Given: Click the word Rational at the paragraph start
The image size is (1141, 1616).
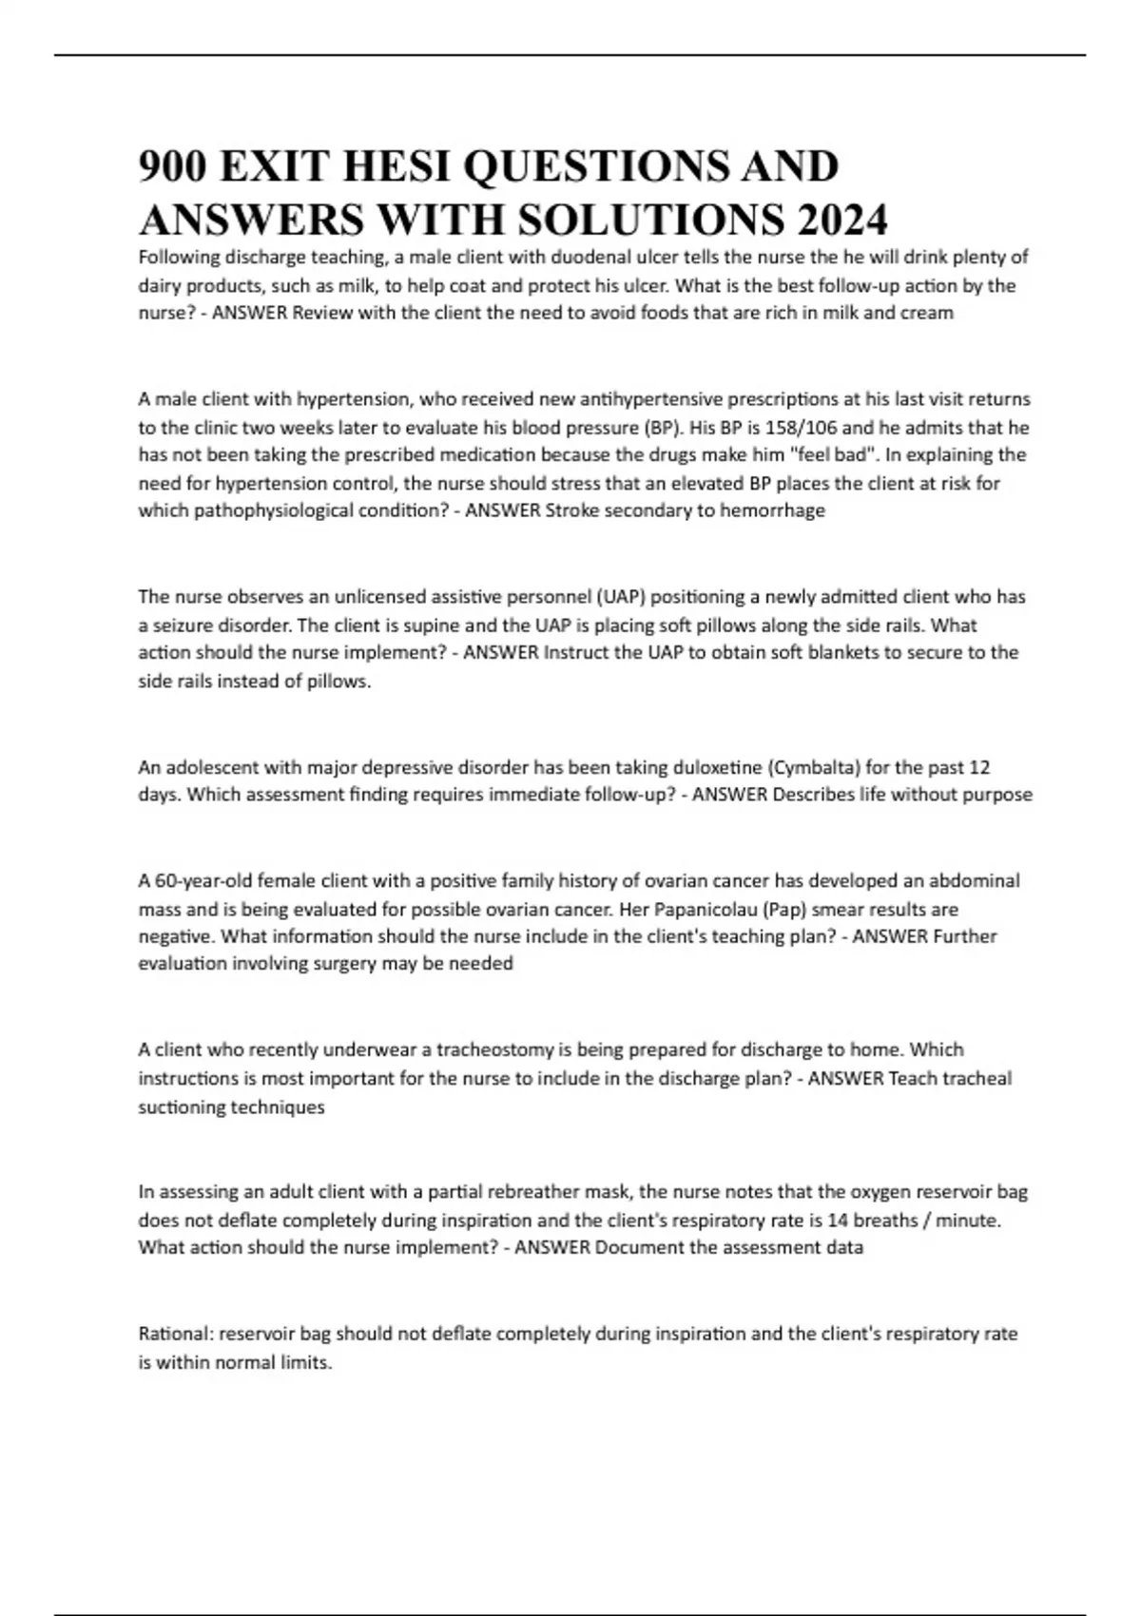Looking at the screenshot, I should (x=176, y=1334).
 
